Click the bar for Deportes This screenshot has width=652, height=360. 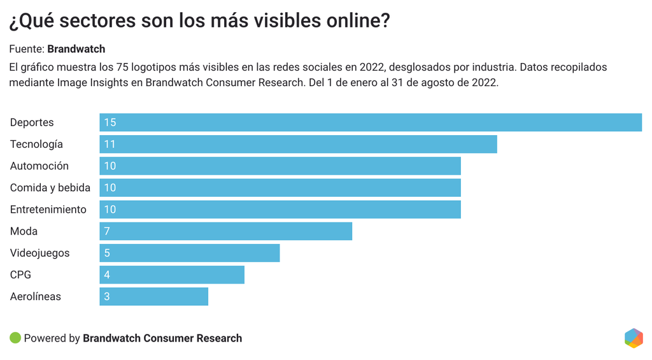[371, 122]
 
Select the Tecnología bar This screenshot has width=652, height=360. [298, 144]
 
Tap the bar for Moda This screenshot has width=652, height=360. [225, 231]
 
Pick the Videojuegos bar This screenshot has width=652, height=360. [189, 253]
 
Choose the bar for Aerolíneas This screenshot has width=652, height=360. [153, 296]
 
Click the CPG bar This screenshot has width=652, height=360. [172, 275]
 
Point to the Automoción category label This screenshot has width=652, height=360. [39, 166]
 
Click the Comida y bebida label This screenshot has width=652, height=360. [50, 187]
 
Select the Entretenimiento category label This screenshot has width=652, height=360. [48, 209]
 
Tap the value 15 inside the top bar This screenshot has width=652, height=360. [110, 122]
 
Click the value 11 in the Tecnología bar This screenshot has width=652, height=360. [110, 144]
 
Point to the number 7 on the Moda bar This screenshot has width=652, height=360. [107, 231]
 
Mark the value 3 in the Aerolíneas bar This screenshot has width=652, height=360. [107, 296]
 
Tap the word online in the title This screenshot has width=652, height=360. [353, 21]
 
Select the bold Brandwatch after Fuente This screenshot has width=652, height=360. [76, 49]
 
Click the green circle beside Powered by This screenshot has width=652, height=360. [15, 338]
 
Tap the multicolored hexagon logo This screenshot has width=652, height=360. [634, 338]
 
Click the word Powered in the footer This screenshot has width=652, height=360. [45, 338]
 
